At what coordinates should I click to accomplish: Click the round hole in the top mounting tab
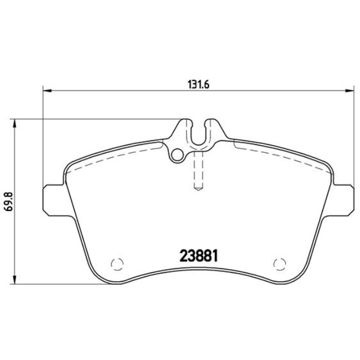pos(177,156)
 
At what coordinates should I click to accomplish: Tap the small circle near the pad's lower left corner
pos(116,264)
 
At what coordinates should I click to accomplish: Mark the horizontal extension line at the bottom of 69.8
pos(55,282)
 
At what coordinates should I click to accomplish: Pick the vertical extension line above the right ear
pos(353,138)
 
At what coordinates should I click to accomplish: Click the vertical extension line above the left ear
pos(43,138)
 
